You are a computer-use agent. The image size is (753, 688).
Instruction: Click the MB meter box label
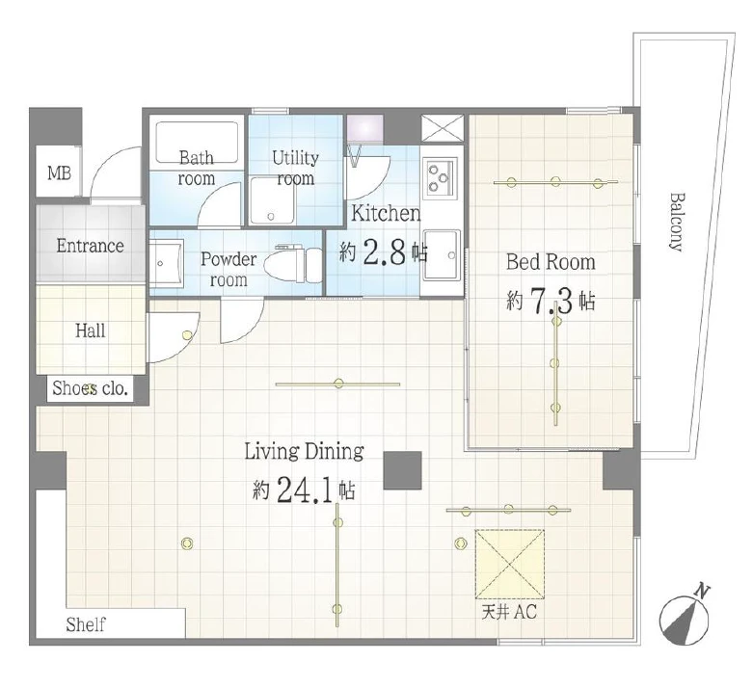point(60,172)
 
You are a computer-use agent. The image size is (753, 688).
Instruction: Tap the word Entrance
point(91,246)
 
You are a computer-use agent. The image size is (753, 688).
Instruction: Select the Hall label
point(91,331)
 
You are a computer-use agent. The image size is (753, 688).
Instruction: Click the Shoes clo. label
point(91,388)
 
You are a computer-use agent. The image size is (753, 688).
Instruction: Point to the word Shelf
point(86,624)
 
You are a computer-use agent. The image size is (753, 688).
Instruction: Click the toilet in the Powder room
point(299,263)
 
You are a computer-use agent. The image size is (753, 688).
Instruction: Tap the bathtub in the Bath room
point(197,143)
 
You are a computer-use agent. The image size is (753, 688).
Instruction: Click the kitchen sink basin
point(442,254)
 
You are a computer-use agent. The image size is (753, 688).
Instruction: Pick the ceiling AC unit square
point(509,564)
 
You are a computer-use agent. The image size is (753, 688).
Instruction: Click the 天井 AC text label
point(509,612)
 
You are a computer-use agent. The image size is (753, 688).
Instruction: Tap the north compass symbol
point(685,616)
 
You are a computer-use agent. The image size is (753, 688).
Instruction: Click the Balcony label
point(676,222)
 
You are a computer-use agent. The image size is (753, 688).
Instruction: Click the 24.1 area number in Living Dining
point(306,490)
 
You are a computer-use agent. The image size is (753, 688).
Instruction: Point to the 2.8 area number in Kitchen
point(385,252)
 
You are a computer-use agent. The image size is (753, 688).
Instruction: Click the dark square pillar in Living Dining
point(402,470)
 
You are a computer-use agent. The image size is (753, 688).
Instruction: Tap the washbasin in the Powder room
point(166,263)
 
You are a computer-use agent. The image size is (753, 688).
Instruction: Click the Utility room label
point(295,168)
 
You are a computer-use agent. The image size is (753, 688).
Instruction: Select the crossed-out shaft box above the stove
point(443,128)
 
